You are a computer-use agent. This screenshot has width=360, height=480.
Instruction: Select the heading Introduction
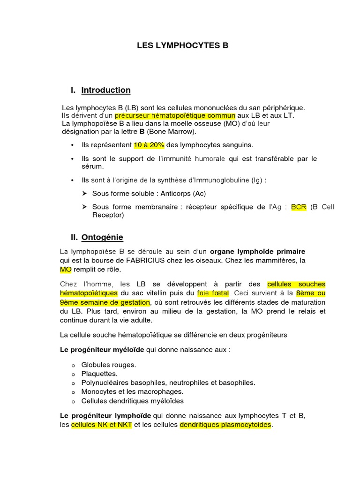(106, 90)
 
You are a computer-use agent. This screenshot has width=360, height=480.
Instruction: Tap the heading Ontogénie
(102, 238)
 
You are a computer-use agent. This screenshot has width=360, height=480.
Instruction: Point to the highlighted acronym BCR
(299, 207)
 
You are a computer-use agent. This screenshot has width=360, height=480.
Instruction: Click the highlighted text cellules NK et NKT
(102, 425)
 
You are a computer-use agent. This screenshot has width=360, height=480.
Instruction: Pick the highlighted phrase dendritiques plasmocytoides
(225, 425)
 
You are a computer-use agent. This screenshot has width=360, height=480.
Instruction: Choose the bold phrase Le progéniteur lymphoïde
(105, 416)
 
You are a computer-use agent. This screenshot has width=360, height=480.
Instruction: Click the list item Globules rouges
(109, 365)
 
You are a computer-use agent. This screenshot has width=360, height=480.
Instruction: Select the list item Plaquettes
(99, 374)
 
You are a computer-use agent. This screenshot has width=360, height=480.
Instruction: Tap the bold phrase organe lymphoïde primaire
(257, 252)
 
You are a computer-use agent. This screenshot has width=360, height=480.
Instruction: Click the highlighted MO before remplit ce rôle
(65, 270)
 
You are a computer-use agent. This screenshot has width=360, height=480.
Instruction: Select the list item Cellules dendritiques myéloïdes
(132, 401)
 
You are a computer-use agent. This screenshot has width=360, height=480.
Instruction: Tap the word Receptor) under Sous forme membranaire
(108, 215)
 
